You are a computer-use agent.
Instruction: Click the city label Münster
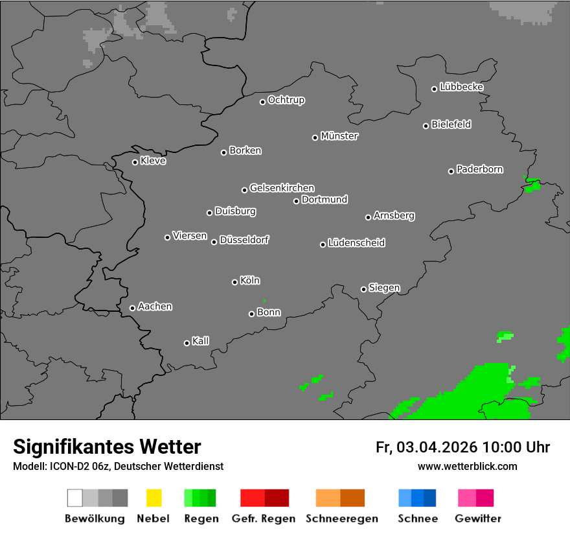(339, 136)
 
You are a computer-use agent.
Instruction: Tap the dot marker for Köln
(234, 282)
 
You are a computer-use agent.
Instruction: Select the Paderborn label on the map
(479, 170)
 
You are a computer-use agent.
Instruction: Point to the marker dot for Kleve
(135, 162)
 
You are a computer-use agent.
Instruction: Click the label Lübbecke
(461, 87)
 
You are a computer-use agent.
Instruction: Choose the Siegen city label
(384, 288)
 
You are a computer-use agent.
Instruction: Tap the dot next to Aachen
(132, 308)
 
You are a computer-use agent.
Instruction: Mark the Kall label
(200, 341)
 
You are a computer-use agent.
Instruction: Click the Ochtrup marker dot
(262, 102)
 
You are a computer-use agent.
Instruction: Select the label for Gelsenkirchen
(282, 188)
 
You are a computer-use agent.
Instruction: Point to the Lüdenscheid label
(356, 243)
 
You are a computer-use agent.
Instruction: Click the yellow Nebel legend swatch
(154, 498)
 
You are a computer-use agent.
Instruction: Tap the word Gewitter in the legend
(478, 519)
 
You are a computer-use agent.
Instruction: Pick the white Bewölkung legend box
(74, 498)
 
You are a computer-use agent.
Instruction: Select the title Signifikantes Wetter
(107, 447)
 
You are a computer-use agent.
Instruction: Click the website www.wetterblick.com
(467, 466)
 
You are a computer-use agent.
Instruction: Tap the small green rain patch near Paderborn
(532, 185)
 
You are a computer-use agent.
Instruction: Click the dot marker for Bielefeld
(426, 126)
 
